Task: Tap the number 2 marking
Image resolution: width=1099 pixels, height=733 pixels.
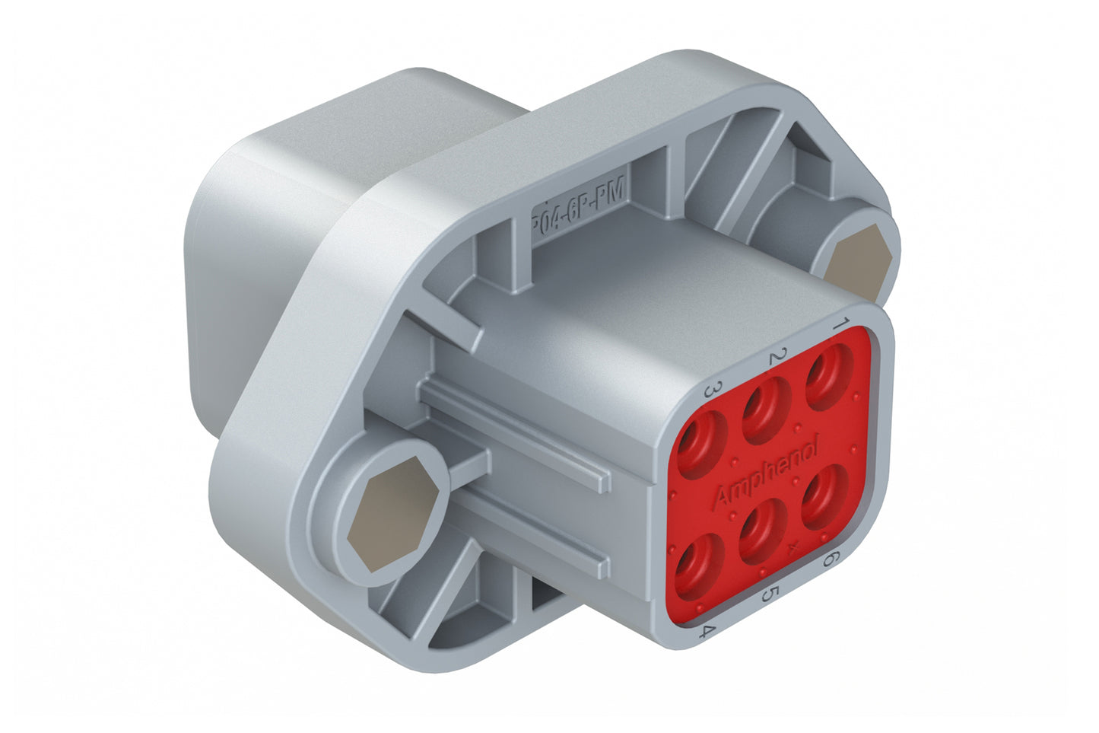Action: pos(777,356)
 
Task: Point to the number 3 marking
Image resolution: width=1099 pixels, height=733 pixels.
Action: pos(713,391)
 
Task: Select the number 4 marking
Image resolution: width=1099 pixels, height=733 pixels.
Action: pos(708,631)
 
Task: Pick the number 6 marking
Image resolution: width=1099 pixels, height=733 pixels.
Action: pos(831,559)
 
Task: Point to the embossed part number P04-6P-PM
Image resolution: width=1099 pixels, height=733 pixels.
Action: pos(578,206)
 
